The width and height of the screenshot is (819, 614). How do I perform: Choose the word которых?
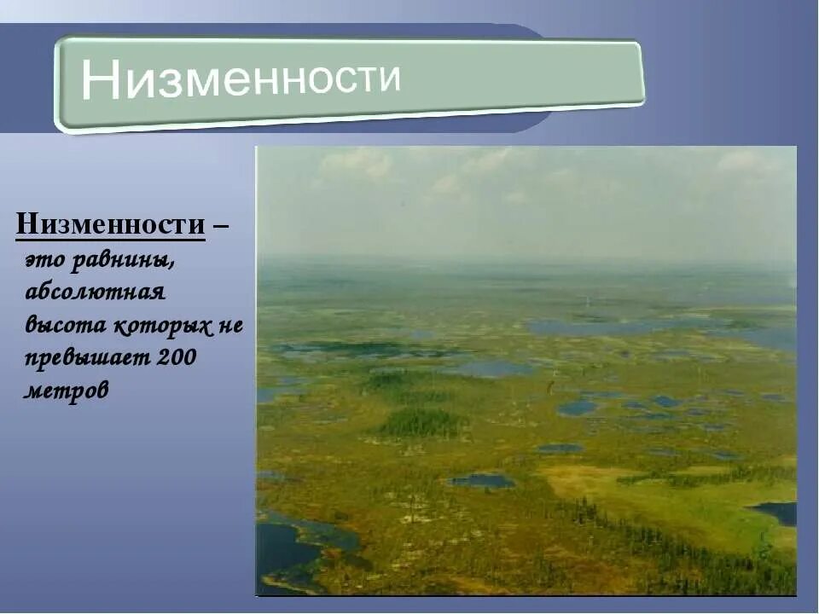tap(166, 325)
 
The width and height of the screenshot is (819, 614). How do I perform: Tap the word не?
tap(232, 325)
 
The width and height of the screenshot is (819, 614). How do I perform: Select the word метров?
tap(67, 391)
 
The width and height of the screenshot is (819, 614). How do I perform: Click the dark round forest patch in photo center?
tap(421, 422)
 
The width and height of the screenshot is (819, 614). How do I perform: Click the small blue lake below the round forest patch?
tap(483, 481)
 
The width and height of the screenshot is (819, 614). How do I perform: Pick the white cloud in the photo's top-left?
tap(358, 162)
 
